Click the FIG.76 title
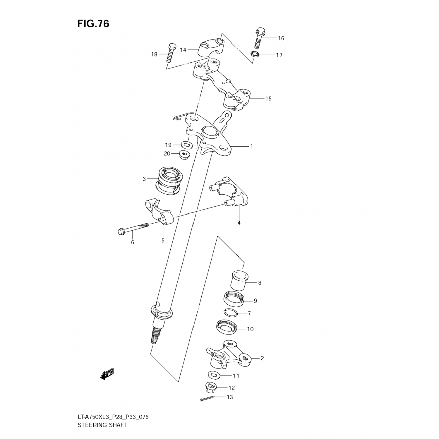[x=93, y=24]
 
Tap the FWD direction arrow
[x=107, y=374]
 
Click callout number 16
[x=281, y=38]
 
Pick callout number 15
[x=268, y=99]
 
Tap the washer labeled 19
[x=186, y=144]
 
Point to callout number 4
[x=239, y=223]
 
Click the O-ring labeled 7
[x=231, y=313]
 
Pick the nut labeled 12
[x=211, y=387]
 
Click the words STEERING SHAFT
[x=102, y=425]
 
